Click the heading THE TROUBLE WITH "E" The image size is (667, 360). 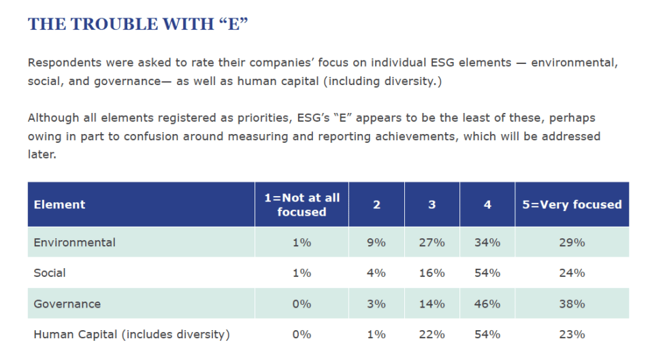tap(137, 24)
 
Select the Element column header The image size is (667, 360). tap(60, 204)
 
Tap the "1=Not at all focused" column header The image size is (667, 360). tap(302, 204)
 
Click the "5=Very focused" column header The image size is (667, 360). tap(572, 204)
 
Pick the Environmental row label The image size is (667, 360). tap(75, 242)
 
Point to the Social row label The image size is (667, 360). tap(50, 273)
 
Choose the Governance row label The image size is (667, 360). tap(67, 304)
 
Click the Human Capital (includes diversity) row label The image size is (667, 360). tap(132, 334)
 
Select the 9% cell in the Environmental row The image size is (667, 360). tap(376, 242)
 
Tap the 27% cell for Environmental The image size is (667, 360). tap(432, 242)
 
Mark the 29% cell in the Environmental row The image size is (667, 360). tap(572, 242)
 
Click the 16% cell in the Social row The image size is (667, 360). tap(432, 273)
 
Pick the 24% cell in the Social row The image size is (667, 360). tap(572, 273)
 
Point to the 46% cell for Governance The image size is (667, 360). tap(487, 304)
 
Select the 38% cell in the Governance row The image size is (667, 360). tap(572, 304)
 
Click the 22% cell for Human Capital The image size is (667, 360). tap(432, 334)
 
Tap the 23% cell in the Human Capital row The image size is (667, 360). tap(572, 334)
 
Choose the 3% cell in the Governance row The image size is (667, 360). tap(376, 304)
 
